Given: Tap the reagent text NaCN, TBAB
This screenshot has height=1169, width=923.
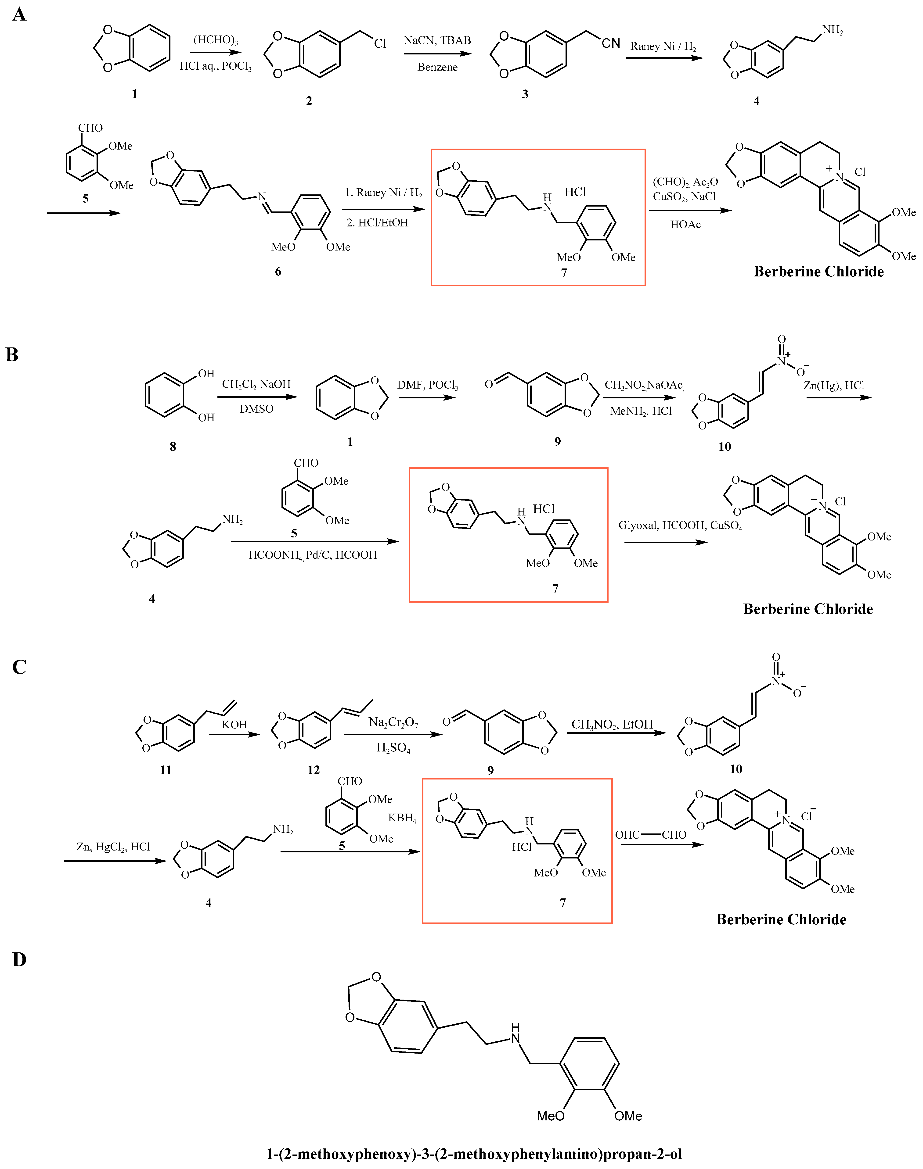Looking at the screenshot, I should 437,40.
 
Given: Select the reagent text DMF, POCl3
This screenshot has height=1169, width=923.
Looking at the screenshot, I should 427,385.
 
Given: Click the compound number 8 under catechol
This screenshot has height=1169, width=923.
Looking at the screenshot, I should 173,447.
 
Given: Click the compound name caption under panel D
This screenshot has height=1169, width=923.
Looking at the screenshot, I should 474,1154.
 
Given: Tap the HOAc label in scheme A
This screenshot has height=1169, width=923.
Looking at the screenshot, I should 685,225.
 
